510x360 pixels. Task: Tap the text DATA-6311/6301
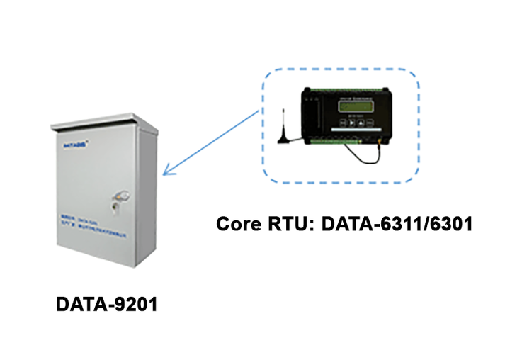(x=397, y=225)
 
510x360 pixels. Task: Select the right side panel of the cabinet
(x=148, y=191)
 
